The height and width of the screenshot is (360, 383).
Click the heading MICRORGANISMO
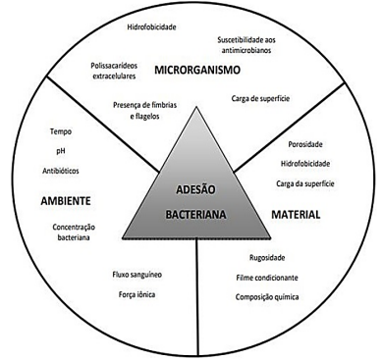pyautogui.click(x=197, y=70)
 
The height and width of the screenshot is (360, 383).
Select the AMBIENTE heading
pyautogui.click(x=66, y=201)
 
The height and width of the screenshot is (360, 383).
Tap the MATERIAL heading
pyautogui.click(x=296, y=215)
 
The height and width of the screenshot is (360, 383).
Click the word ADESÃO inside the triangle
pyautogui.click(x=195, y=189)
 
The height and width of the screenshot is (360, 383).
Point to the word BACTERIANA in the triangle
pyautogui.click(x=195, y=215)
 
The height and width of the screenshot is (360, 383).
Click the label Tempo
pyautogui.click(x=61, y=131)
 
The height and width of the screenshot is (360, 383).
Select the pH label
pyautogui.click(x=61, y=151)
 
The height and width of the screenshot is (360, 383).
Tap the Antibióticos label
pyautogui.click(x=61, y=171)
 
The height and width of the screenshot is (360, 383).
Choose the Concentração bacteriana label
pyautogui.click(x=74, y=232)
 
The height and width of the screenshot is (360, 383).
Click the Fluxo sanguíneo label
pyautogui.click(x=137, y=275)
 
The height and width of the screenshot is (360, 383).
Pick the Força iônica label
pyautogui.click(x=137, y=294)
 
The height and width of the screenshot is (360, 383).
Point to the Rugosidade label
pyautogui.click(x=267, y=258)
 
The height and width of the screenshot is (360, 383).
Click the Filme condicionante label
pyautogui.click(x=267, y=278)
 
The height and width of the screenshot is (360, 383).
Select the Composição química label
pyautogui.click(x=267, y=297)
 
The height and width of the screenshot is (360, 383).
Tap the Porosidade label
pyautogui.click(x=305, y=144)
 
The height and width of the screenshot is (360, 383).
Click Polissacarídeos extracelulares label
pyautogui.click(x=114, y=71)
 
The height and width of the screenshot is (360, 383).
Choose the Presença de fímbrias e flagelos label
pyautogui.click(x=145, y=111)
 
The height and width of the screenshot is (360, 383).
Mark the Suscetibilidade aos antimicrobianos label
pyautogui.click(x=246, y=45)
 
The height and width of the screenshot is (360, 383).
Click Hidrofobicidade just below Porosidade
pyautogui.click(x=305, y=164)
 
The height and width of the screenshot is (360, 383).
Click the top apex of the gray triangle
pyautogui.click(x=196, y=108)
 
